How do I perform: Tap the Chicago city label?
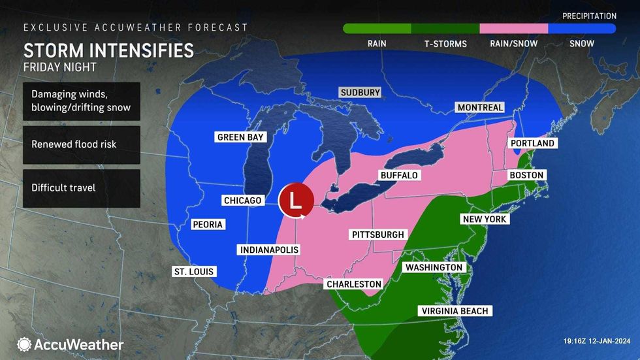[242, 201]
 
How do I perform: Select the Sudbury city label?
[360, 93]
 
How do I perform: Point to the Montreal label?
[480, 107]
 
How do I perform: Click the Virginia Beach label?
[455, 311]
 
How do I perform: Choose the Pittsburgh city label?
[378, 235]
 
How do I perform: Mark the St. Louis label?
[193, 272]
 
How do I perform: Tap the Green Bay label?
[240, 137]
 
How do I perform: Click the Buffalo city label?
[399, 176]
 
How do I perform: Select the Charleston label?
[353, 284]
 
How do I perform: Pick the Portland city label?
[532, 143]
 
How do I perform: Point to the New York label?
[485, 220]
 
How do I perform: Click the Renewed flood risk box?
[81, 144]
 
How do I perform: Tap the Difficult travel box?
[81, 188]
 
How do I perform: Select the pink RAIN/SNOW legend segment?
[513, 29]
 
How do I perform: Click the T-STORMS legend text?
[445, 44]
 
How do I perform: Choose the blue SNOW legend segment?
[581, 29]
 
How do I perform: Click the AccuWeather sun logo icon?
[24, 344]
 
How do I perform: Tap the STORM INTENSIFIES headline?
[108, 50]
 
